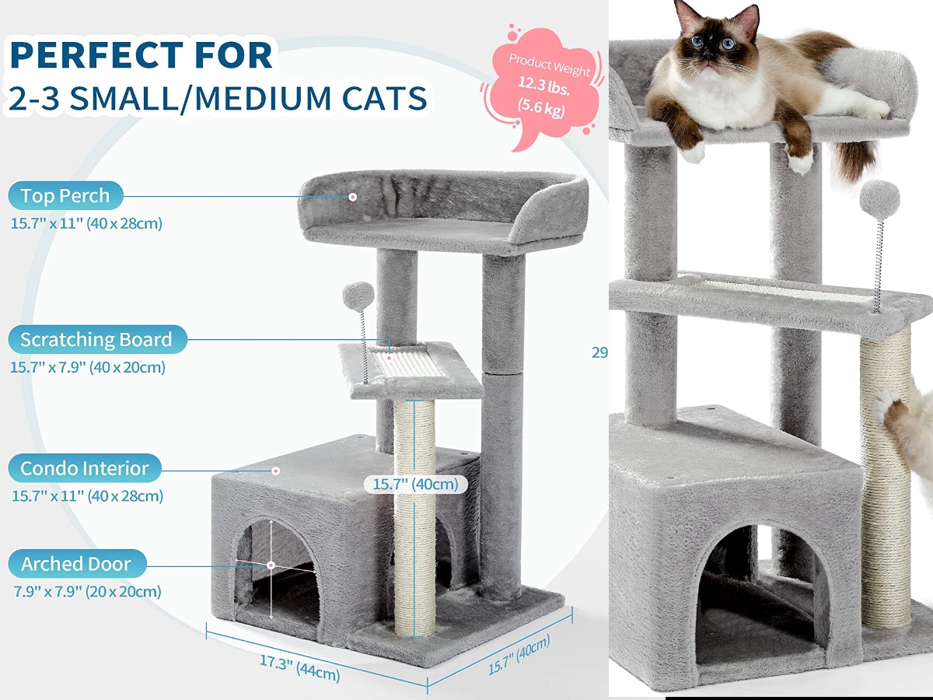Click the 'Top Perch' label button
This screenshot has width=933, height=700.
[x=66, y=196]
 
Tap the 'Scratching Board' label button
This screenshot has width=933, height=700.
[x=96, y=340]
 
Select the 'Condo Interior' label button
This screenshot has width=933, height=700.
[x=85, y=468]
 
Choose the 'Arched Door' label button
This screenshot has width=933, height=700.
[x=76, y=564]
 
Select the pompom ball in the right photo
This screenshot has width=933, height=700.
[x=880, y=199]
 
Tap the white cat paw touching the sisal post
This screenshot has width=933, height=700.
[x=886, y=408]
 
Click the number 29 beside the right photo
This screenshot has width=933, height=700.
[x=599, y=352]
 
